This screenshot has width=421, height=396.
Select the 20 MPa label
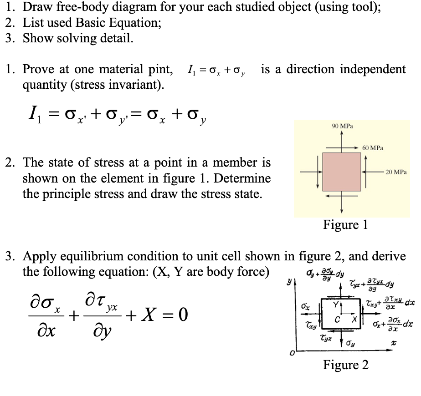(395, 173)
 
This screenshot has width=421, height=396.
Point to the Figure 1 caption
(345, 225)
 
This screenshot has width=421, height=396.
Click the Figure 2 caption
(345, 365)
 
